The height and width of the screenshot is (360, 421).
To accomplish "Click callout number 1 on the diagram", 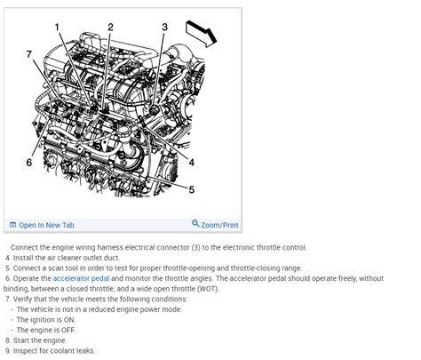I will point(58,27).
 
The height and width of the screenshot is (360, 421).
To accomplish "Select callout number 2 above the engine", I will point(110,27).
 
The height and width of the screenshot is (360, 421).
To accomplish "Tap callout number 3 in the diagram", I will point(164,27).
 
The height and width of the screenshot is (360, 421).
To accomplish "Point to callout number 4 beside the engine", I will point(191,161).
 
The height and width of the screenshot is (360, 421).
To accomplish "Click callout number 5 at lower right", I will point(191,189).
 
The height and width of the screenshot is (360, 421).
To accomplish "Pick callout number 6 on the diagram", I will point(28,163).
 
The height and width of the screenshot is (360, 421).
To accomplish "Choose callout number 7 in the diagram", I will point(28,54).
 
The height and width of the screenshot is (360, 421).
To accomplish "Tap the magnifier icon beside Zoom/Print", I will point(195,224).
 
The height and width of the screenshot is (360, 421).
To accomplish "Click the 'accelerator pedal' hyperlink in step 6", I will point(83,277).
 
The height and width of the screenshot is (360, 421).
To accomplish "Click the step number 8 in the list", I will point(7,340).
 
